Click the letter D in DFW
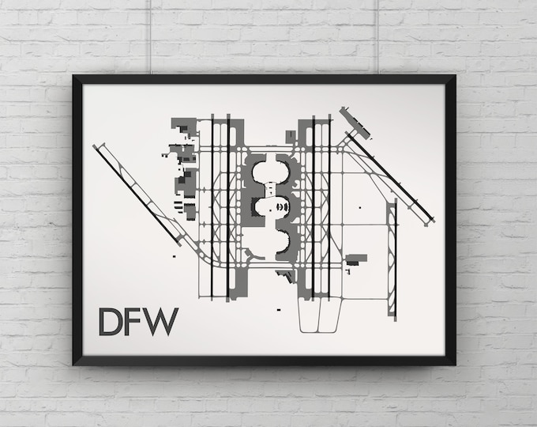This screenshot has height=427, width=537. [111, 322]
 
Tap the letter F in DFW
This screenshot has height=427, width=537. [136, 322]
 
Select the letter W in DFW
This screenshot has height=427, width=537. [162, 322]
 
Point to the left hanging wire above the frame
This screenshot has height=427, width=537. [151, 36]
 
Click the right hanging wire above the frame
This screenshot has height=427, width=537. [377, 36]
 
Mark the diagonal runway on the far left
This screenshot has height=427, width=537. [137, 195]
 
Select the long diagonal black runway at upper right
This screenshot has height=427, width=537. [390, 177]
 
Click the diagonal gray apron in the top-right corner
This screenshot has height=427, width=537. [355, 123]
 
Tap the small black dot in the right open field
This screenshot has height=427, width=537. [359, 207]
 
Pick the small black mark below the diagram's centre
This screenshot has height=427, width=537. [279, 310]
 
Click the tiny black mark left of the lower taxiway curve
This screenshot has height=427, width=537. [174, 256]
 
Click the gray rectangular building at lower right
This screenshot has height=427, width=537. [356, 259]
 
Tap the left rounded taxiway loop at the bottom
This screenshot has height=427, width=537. [309, 315]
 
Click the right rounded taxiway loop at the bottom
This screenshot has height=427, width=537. [329, 315]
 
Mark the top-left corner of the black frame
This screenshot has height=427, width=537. [73, 75]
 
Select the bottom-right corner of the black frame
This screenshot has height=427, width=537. [455, 365]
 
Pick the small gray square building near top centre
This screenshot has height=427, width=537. [291, 135]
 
